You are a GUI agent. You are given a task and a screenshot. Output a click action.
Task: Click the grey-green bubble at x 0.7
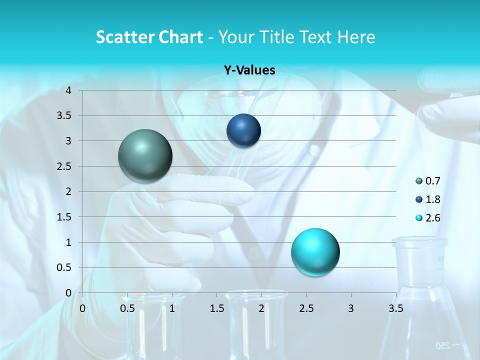[x=145, y=156]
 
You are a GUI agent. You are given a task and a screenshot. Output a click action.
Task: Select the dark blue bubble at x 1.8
[x=243, y=131]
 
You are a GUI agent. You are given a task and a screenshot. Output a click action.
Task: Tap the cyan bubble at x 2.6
[x=315, y=252]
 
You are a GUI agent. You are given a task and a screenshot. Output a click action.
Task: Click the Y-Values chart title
[x=249, y=70]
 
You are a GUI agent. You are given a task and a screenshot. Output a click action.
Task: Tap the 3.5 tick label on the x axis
[x=395, y=308]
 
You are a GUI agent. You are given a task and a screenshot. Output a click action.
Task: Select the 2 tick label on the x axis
[x=261, y=308]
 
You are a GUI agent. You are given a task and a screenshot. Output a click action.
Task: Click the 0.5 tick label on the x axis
[x=127, y=308]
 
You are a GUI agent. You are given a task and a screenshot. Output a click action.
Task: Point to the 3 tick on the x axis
[x=351, y=308]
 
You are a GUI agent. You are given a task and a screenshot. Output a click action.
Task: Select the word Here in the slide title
[x=356, y=37]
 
